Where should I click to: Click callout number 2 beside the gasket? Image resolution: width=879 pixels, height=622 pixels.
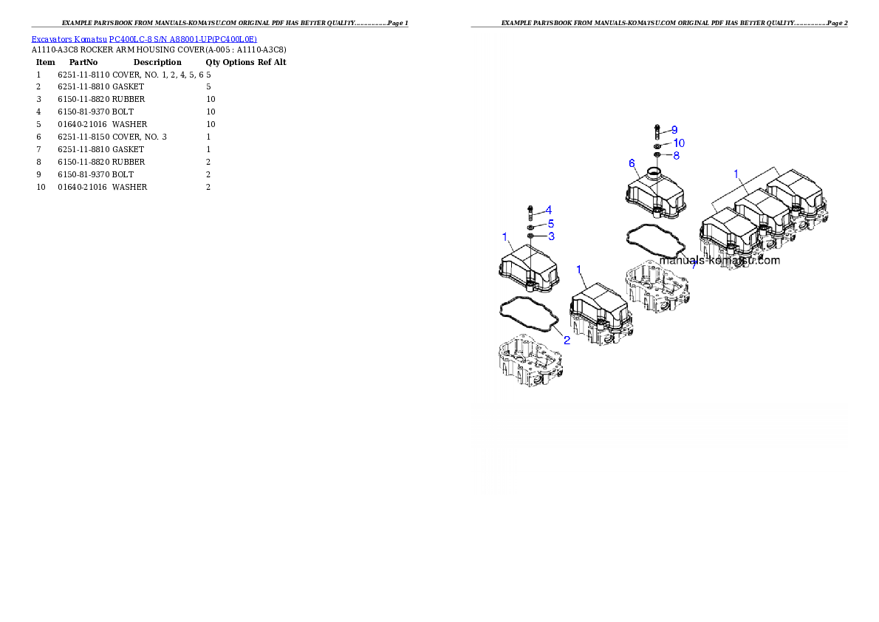click(567, 341)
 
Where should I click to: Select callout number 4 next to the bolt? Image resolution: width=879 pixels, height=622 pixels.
click(549, 210)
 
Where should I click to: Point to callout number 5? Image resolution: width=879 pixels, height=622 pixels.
click(550, 223)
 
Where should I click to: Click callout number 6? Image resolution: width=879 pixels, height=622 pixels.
click(632, 163)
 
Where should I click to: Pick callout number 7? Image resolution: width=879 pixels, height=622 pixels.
click(693, 265)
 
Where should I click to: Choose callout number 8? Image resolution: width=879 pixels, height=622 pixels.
click(676, 156)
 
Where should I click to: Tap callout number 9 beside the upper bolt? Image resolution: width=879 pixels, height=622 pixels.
click(674, 130)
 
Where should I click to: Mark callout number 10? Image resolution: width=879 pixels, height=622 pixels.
click(678, 143)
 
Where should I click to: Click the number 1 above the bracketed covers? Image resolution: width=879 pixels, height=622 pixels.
click(736, 173)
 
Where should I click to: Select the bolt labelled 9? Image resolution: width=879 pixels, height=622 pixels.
click(657, 132)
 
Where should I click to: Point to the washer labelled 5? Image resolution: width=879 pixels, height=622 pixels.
click(530, 226)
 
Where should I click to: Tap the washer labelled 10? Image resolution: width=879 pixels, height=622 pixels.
click(656, 146)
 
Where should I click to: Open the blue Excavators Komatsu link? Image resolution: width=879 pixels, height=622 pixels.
click(144, 40)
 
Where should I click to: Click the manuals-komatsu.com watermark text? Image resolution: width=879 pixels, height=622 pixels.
click(719, 260)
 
